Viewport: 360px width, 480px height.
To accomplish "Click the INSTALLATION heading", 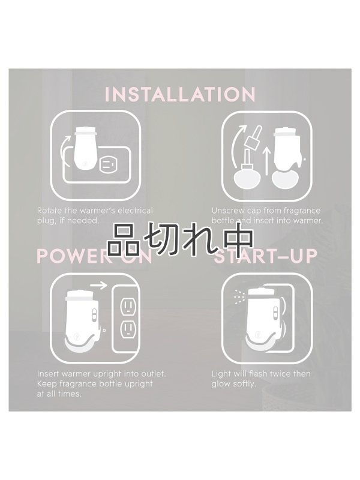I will tap(180, 95).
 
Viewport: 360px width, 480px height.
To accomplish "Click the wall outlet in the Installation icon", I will tap(110, 163).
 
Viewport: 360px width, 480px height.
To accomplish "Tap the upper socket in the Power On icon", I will tap(128, 306).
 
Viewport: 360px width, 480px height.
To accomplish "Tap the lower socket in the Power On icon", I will tap(128, 328).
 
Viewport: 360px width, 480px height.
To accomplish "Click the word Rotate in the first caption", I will tap(50, 211).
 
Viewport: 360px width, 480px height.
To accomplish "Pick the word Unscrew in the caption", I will tap(227, 211).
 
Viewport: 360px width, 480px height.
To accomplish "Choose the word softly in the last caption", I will tap(242, 383).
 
